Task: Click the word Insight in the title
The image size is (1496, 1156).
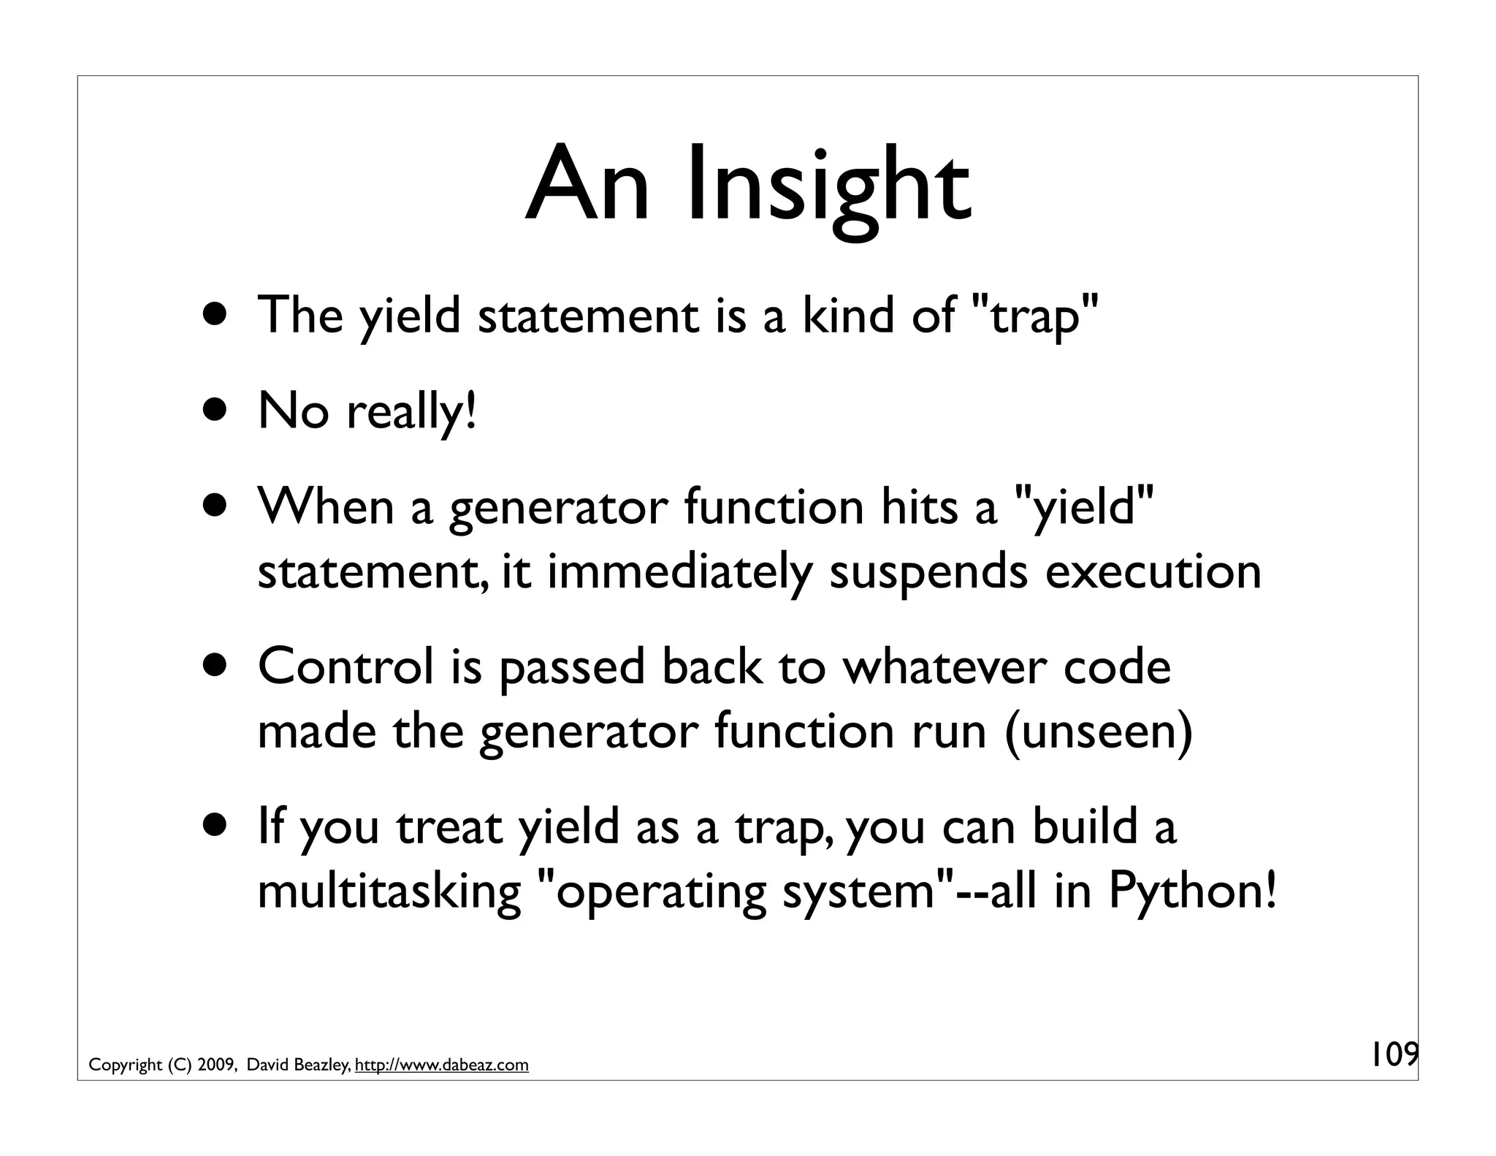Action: (829, 186)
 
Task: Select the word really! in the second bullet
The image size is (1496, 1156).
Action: (411, 412)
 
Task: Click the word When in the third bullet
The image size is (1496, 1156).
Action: (326, 507)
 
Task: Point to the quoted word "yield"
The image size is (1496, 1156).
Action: (1085, 507)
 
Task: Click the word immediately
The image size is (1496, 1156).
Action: (679, 571)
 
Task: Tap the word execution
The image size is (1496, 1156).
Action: (1153, 571)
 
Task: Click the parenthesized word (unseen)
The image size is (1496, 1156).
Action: (1099, 731)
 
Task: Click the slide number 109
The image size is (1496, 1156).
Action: (1392, 1054)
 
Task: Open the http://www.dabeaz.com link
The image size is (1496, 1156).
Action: (441, 1065)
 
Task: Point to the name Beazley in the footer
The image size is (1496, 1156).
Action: (322, 1065)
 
